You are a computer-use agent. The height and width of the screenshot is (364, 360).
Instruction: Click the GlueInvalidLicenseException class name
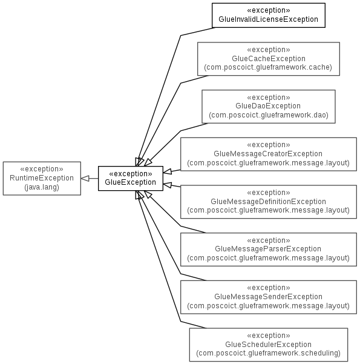pos(269,19)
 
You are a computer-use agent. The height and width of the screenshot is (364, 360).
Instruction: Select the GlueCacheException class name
pos(269,59)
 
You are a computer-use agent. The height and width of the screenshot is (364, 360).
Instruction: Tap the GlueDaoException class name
pos(268,106)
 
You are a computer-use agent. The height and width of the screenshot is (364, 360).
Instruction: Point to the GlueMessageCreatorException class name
pos(268,154)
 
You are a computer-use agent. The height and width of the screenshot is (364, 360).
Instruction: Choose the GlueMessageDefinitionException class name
pos(269,202)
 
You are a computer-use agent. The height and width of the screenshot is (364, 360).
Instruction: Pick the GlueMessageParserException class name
pos(268,249)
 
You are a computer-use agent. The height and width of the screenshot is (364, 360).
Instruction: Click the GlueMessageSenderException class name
pos(269,297)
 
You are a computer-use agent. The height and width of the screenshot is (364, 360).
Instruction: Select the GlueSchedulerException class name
pos(269,345)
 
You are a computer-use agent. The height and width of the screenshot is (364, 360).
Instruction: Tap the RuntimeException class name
pos(42,178)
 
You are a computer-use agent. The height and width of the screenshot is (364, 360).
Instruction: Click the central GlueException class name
pos(130,182)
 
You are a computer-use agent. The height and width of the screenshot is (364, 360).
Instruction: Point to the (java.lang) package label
pos(42,187)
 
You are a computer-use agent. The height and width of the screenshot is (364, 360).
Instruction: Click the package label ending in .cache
pos(268,67)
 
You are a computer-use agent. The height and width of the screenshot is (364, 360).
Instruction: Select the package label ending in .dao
pos(269,115)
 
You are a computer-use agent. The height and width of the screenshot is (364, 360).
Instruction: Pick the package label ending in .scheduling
pos(269,353)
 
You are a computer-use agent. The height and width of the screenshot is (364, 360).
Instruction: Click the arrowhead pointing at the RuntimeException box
pos(85,178)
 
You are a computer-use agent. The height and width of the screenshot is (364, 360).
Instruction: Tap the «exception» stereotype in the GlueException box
pos(131,174)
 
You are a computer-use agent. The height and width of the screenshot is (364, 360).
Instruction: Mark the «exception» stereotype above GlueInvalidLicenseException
pos(269,10)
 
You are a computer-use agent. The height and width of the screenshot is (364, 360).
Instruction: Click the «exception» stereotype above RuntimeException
pos(42,169)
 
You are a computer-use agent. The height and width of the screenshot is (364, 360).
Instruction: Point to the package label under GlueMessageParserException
pos(269,258)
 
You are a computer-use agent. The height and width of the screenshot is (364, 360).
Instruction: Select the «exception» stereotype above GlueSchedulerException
pos(269,336)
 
